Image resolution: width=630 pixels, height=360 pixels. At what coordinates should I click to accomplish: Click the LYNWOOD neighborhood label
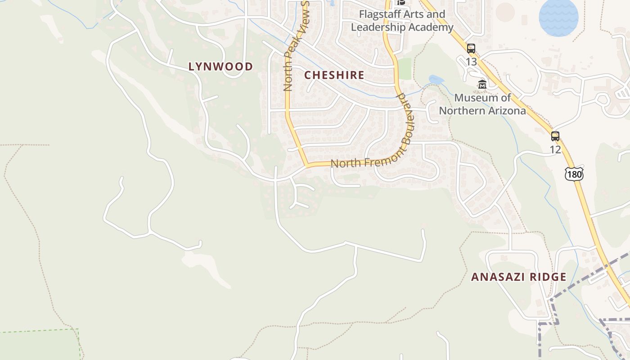click(220, 67)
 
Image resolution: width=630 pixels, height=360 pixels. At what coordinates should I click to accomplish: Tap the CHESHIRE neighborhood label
click(334, 75)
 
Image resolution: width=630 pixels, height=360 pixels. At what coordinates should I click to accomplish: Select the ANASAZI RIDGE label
click(518, 277)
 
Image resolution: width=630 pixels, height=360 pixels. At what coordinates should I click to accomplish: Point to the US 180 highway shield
click(574, 174)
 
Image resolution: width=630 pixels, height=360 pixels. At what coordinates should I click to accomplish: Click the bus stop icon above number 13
click(471, 49)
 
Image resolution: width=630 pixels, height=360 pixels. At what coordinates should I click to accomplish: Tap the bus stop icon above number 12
click(555, 136)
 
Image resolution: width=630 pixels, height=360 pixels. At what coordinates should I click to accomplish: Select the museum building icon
click(482, 84)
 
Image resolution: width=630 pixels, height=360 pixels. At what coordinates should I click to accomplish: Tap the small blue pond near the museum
click(436, 80)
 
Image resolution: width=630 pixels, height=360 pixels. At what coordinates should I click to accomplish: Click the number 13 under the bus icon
click(471, 61)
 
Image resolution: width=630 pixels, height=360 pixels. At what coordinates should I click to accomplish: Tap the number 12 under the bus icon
click(555, 149)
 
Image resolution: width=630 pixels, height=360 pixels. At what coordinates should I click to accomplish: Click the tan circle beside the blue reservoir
click(505, 12)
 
